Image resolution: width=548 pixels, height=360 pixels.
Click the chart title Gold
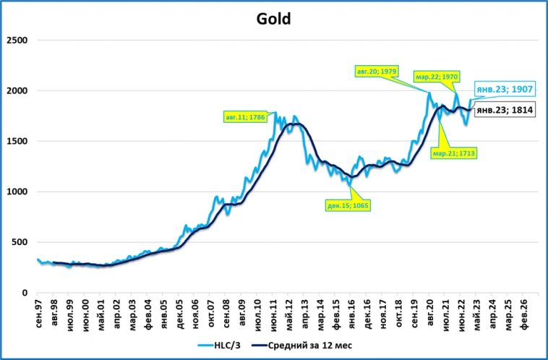coord(274,19)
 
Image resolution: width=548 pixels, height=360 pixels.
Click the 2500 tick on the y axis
coord(17,40)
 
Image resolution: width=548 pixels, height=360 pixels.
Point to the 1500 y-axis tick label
coord(17,141)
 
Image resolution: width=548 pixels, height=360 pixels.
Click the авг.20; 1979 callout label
coord(377,72)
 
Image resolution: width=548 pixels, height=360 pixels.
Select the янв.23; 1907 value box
coord(504,91)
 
